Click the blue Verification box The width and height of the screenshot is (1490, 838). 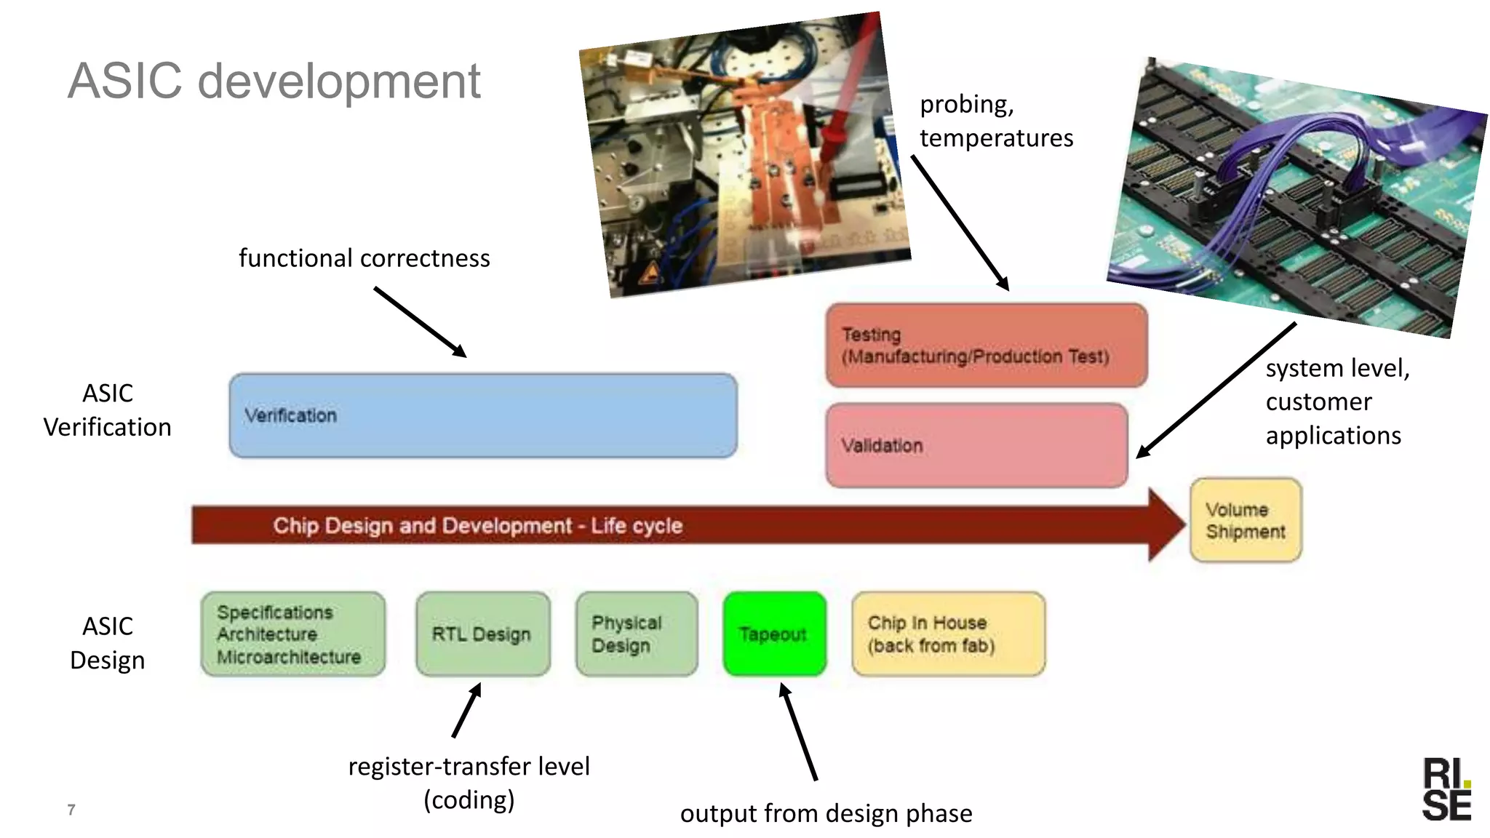pos(483,415)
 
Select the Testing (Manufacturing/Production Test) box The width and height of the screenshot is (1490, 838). pos(987,346)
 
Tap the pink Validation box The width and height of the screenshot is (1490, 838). pos(976,445)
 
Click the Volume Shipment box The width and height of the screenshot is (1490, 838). pos(1246,520)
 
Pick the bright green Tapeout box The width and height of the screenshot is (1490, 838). pos(774,634)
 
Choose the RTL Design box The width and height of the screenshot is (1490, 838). pos(482,634)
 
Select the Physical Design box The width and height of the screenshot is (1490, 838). pos(636,634)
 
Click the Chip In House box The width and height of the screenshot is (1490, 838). pos(948,634)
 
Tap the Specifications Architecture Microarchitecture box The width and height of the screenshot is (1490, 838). pos(292,634)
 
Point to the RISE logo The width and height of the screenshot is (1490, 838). pos(1446,789)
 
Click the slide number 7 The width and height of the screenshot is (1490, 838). pos(71,810)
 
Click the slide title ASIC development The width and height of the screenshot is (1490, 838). pos(274,81)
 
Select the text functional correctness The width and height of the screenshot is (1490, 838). pos(364,258)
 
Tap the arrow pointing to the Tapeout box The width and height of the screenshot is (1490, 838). pos(799,731)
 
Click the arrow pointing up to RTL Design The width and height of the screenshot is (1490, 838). pos(466,710)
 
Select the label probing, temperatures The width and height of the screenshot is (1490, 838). pos(995,121)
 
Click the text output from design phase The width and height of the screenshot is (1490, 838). pos(826,813)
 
